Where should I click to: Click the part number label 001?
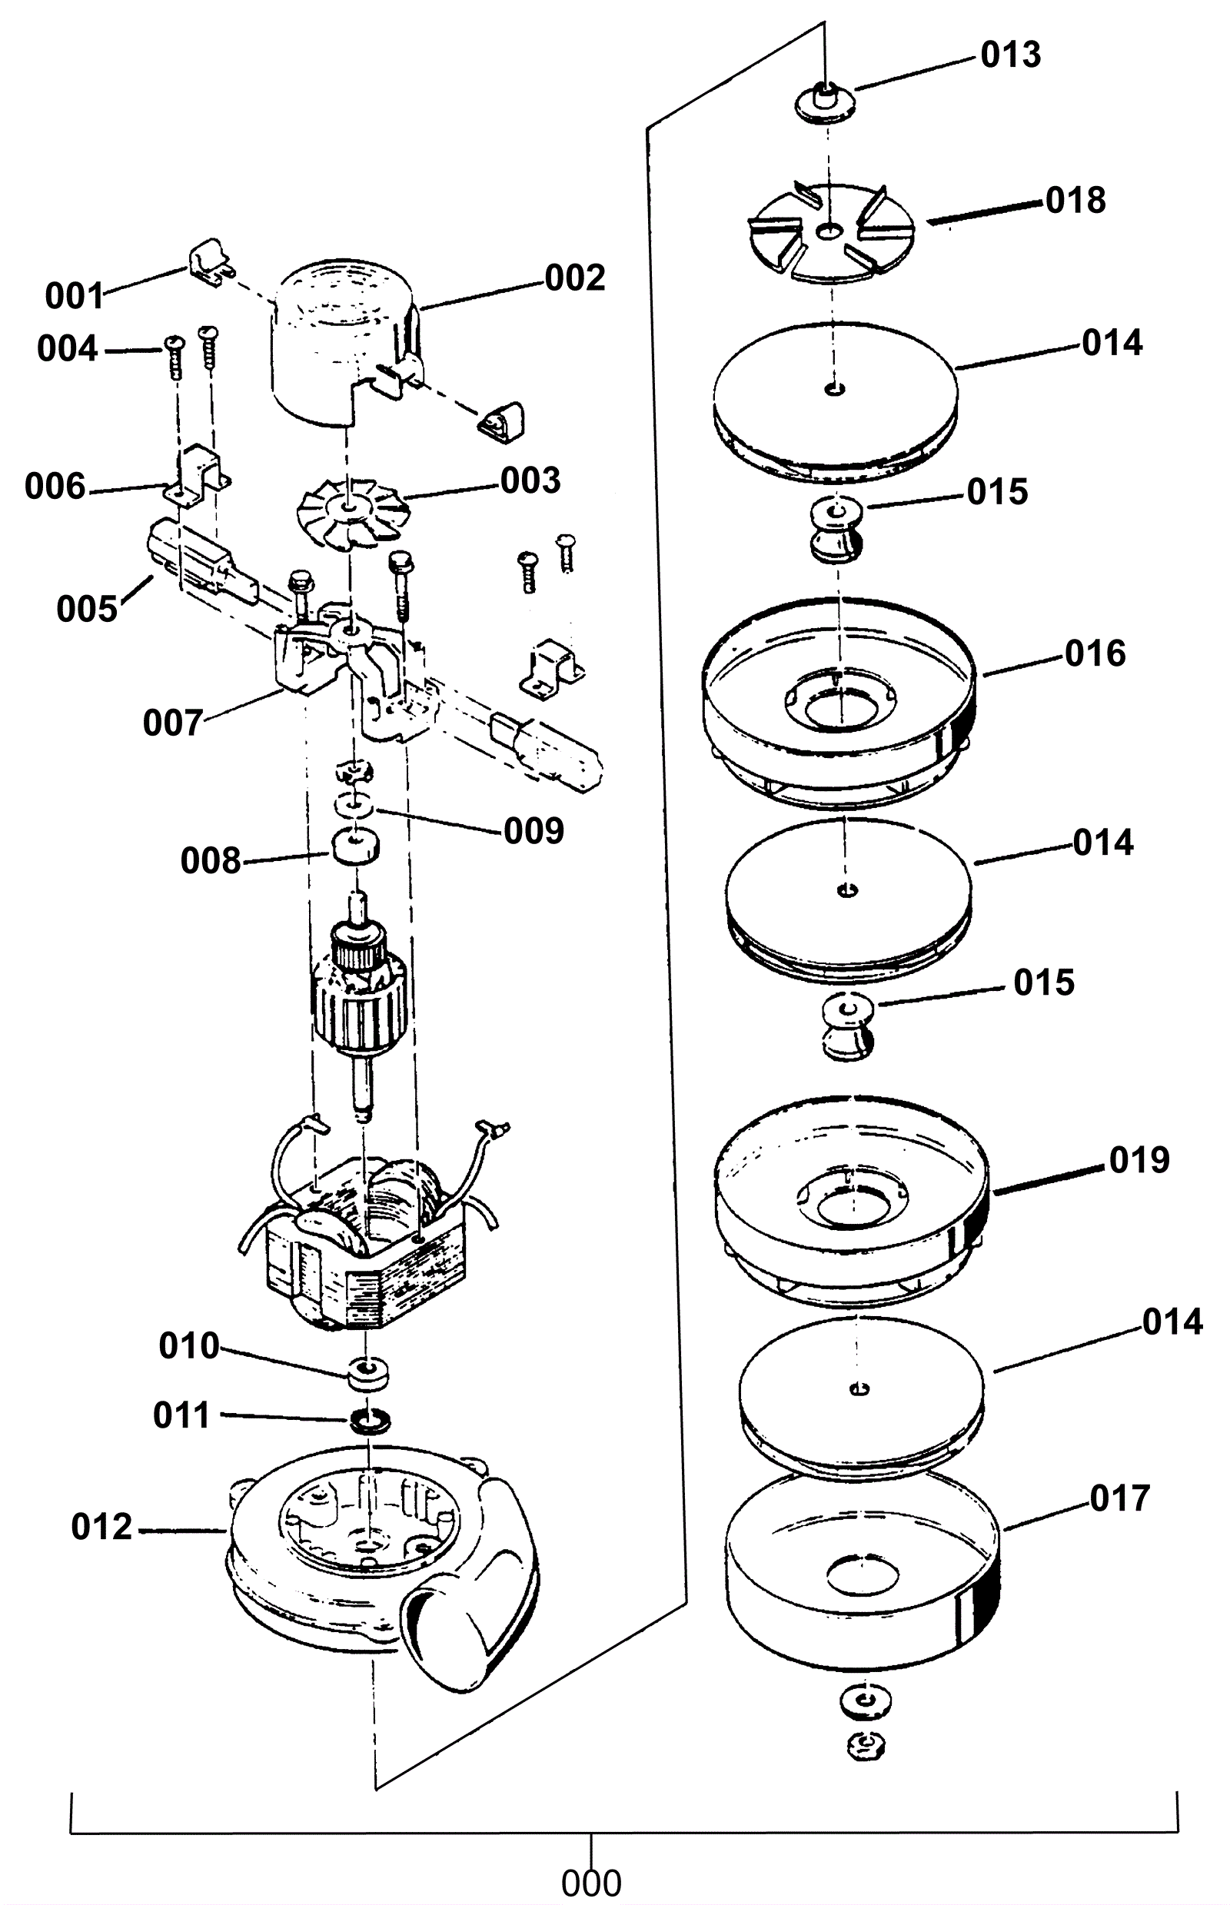point(75,296)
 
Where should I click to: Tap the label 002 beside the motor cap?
point(575,278)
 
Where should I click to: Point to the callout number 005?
point(87,610)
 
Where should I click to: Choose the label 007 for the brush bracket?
point(173,723)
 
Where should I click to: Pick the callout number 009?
point(534,832)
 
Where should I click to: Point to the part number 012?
point(101,1528)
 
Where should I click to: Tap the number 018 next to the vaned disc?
point(1075,200)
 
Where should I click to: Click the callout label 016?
point(1095,653)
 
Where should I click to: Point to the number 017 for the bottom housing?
point(1120,1498)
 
